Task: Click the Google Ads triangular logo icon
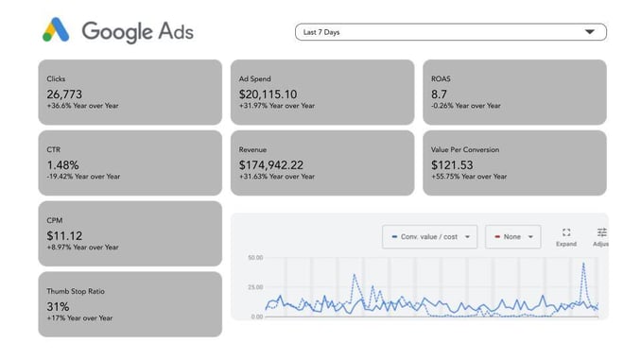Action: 56,30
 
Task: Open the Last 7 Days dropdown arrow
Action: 590,32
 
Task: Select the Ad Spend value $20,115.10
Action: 268,94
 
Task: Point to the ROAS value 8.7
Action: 440,94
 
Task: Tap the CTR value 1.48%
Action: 63,164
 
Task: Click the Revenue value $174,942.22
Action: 271,164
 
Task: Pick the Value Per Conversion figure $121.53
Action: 452,164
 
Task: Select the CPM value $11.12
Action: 64,235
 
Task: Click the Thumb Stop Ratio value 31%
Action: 58,306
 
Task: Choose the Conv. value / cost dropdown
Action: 429,236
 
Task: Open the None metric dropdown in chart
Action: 512,236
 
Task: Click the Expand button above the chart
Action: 566,237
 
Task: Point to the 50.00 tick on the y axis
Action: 254,257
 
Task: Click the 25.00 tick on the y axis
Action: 254,286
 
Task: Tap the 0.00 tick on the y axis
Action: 256,317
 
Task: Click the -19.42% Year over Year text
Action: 83,177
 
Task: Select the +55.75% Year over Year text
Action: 469,177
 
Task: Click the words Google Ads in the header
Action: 137,31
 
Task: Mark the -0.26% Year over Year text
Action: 466,106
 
